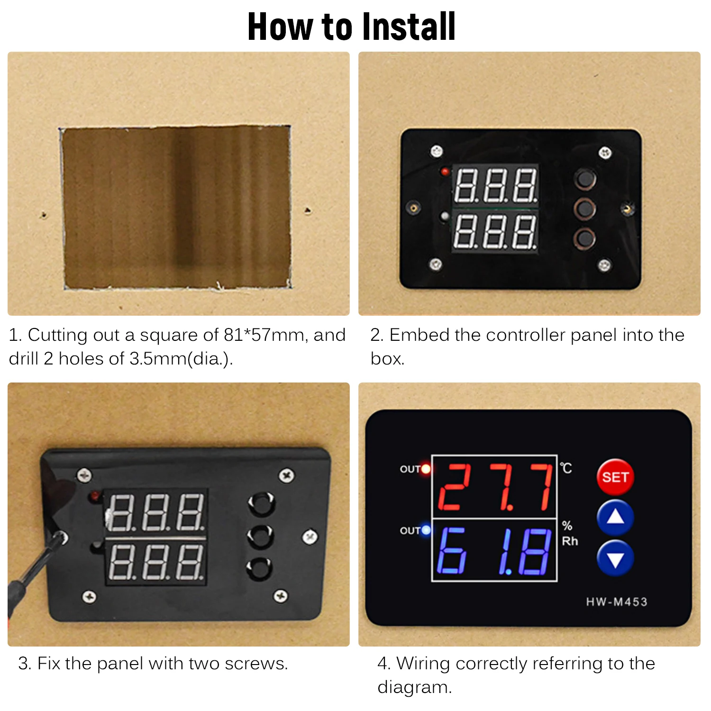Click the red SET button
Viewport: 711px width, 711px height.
pyautogui.click(x=615, y=477)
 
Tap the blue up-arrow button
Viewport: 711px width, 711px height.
pyautogui.click(x=615, y=517)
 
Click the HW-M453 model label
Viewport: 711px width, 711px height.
pyautogui.click(x=616, y=602)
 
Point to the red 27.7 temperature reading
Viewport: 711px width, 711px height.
pyautogui.click(x=494, y=487)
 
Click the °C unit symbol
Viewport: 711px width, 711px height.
pyautogui.click(x=566, y=468)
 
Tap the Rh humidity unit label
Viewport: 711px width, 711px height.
pyautogui.click(x=570, y=541)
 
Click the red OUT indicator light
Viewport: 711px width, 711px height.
pyautogui.click(x=426, y=469)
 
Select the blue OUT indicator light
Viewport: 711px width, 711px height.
pyautogui.click(x=426, y=530)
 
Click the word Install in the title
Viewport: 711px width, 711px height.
pyautogui.click(x=408, y=27)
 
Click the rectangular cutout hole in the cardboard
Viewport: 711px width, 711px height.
pyautogui.click(x=176, y=207)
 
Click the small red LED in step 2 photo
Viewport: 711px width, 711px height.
pyautogui.click(x=445, y=172)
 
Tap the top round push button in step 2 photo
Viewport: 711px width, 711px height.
pyautogui.click(x=585, y=179)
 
